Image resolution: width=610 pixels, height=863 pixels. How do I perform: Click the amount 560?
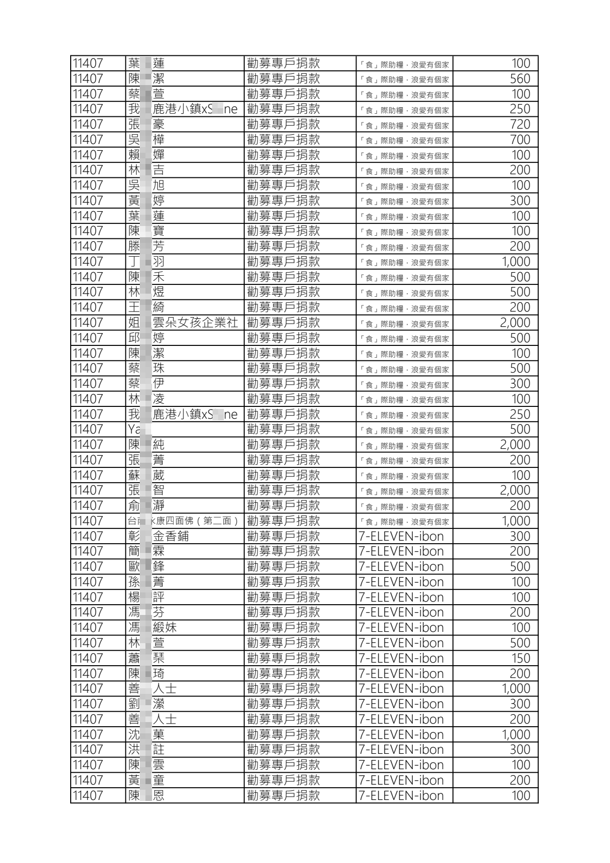click(x=519, y=79)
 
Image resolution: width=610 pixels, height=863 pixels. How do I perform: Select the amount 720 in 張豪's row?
click(x=519, y=125)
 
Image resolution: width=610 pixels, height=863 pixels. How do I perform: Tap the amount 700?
click(x=519, y=140)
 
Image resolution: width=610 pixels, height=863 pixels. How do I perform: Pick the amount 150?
click(x=520, y=659)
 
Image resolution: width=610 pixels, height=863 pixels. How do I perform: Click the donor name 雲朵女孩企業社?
click(x=195, y=323)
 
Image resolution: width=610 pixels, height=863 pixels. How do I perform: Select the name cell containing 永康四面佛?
click(x=184, y=521)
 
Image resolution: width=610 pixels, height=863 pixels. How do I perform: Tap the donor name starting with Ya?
click(x=135, y=429)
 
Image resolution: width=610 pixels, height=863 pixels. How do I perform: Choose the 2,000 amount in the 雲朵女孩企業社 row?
click(x=515, y=323)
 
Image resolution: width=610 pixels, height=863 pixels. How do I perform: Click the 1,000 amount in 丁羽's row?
click(x=516, y=262)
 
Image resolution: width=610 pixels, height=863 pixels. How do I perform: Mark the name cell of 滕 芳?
click(x=147, y=246)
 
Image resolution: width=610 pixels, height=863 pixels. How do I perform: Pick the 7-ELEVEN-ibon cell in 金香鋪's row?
click(x=401, y=537)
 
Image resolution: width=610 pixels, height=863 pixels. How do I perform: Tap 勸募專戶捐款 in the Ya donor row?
click(x=283, y=429)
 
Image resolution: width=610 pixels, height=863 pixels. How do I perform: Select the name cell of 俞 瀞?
click(x=147, y=506)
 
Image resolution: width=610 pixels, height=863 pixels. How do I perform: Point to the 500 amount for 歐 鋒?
click(x=519, y=567)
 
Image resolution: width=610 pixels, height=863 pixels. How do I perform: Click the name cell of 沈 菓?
click(x=147, y=735)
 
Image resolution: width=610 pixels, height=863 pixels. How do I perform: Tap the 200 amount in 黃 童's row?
click(x=519, y=780)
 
